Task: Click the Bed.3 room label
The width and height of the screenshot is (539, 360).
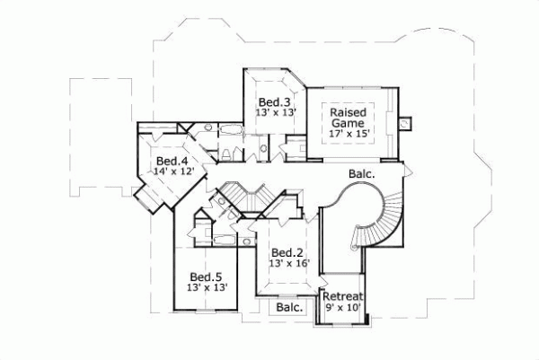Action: point(273,101)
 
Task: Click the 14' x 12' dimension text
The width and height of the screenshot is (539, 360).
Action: point(172,171)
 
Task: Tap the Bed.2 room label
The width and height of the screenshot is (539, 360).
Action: point(285,252)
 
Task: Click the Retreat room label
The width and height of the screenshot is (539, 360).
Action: point(342,297)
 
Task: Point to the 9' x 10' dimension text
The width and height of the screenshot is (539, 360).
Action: point(342,308)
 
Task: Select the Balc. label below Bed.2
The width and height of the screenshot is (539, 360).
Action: point(288,307)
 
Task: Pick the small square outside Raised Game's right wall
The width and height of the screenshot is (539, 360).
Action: point(405,118)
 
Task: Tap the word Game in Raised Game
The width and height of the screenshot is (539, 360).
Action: point(347,121)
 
